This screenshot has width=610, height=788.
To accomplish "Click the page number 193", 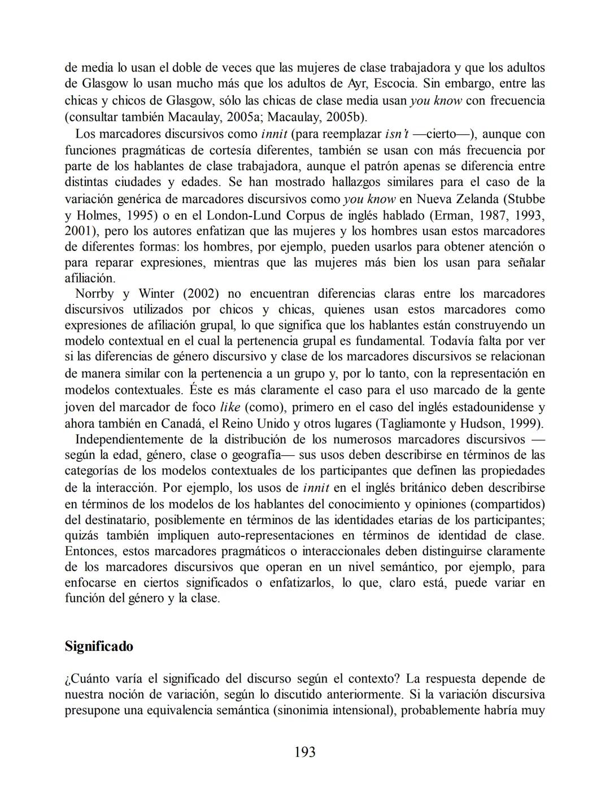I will click(x=305, y=751).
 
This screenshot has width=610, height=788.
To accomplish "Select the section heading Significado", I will click(x=99, y=646).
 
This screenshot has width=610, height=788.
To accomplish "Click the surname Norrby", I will click(x=94, y=293).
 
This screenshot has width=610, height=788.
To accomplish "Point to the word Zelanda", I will click(x=473, y=199).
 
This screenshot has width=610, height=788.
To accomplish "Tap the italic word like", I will click(x=229, y=407).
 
